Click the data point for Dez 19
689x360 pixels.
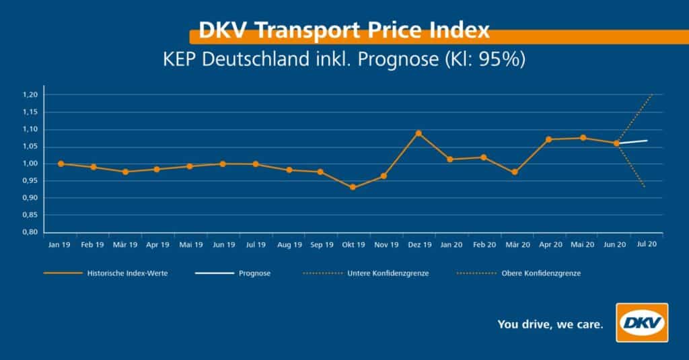[x=419, y=133]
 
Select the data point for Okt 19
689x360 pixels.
[x=353, y=187]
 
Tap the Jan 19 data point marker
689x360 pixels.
[x=61, y=164]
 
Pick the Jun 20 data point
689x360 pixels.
[x=616, y=143]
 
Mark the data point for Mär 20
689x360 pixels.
[x=515, y=172]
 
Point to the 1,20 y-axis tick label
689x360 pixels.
[x=31, y=95]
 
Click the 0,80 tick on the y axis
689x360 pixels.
[x=31, y=232]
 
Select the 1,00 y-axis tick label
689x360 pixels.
[x=31, y=164]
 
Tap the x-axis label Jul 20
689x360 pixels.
[x=647, y=246]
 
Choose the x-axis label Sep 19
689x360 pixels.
[x=321, y=246]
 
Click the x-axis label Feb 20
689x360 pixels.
[x=484, y=246]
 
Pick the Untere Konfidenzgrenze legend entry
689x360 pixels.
[x=389, y=274]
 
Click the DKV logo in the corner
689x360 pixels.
[x=642, y=322]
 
